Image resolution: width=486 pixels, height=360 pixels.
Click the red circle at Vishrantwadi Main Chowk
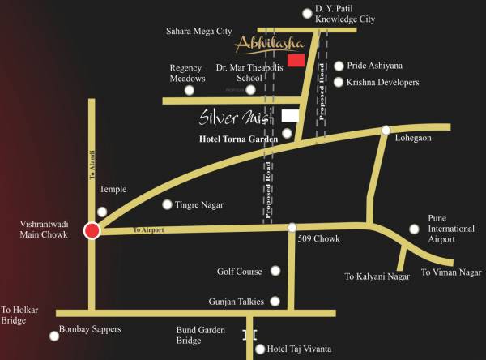(92, 232)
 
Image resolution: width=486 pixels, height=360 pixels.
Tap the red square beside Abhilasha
(296, 60)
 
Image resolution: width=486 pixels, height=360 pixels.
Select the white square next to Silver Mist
(289, 116)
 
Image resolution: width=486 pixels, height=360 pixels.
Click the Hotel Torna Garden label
(238, 139)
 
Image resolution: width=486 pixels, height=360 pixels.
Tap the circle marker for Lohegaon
(386, 130)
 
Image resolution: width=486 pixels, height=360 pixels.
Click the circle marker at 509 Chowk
(292, 227)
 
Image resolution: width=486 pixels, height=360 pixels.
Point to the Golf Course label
(240, 272)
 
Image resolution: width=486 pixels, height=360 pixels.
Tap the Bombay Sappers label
(91, 329)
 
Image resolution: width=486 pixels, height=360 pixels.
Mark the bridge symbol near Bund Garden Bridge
(249, 335)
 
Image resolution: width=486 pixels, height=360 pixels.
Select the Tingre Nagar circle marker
(168, 205)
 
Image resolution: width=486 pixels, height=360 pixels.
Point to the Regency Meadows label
(188, 73)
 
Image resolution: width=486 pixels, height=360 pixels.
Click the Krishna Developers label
(382, 83)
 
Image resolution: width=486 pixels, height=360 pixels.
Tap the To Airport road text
(149, 230)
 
